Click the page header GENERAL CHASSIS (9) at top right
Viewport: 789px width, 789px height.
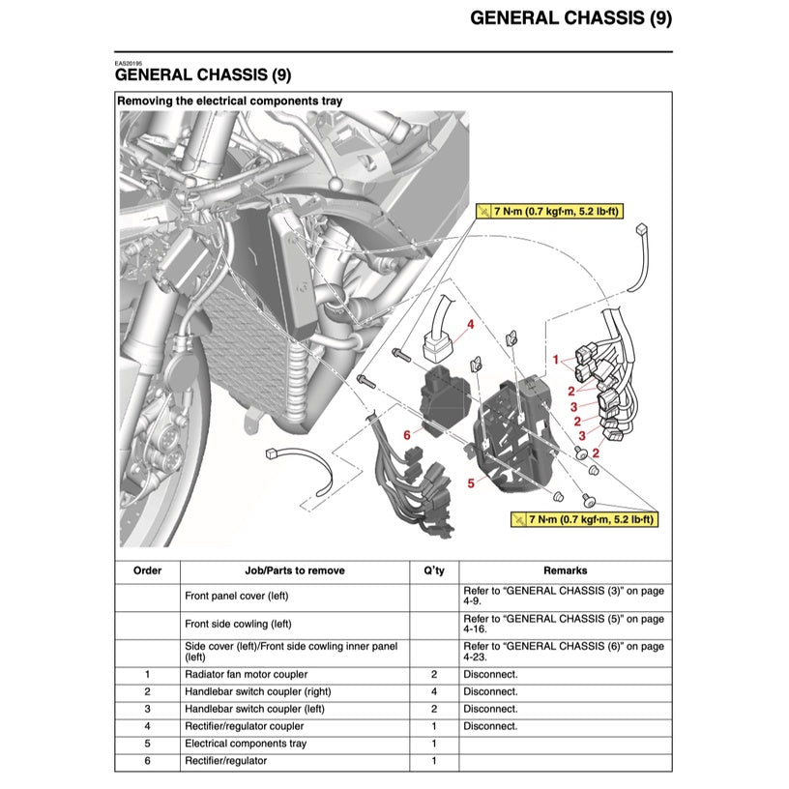[570, 18]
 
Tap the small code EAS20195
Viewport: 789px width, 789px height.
[128, 63]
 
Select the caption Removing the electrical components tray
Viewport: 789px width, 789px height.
[229, 101]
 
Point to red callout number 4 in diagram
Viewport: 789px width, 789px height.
[471, 325]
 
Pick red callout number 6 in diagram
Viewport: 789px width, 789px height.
[407, 435]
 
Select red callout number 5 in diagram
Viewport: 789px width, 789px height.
[471, 482]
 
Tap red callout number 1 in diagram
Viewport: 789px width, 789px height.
[556, 359]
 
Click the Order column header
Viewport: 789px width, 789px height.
[147, 570]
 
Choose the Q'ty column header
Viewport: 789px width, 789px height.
[434, 570]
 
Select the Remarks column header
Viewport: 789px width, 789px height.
[565, 570]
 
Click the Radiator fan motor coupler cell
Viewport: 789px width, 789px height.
[246, 674]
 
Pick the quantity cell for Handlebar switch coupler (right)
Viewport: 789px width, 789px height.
[434, 691]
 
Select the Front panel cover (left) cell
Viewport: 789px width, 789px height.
[236, 596]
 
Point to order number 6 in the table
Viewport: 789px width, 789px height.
[147, 761]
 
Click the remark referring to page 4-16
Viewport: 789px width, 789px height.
[564, 624]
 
